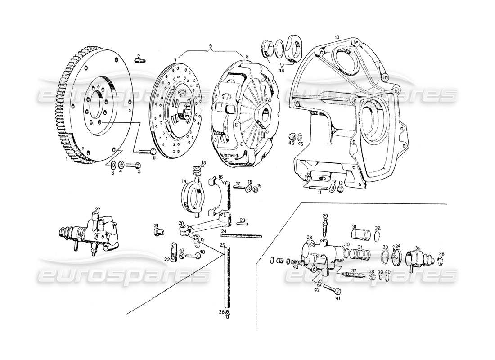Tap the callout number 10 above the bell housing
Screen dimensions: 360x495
coord(337,37)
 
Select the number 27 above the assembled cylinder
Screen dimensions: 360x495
coord(97,210)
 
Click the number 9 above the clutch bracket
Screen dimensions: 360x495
coord(210,46)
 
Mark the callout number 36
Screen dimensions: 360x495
coord(441,254)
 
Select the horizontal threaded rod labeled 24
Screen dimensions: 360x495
coord(241,234)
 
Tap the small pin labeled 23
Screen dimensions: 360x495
coord(242,225)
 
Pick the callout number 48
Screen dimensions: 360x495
coord(202,252)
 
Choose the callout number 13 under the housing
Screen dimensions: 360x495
coord(341,183)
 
